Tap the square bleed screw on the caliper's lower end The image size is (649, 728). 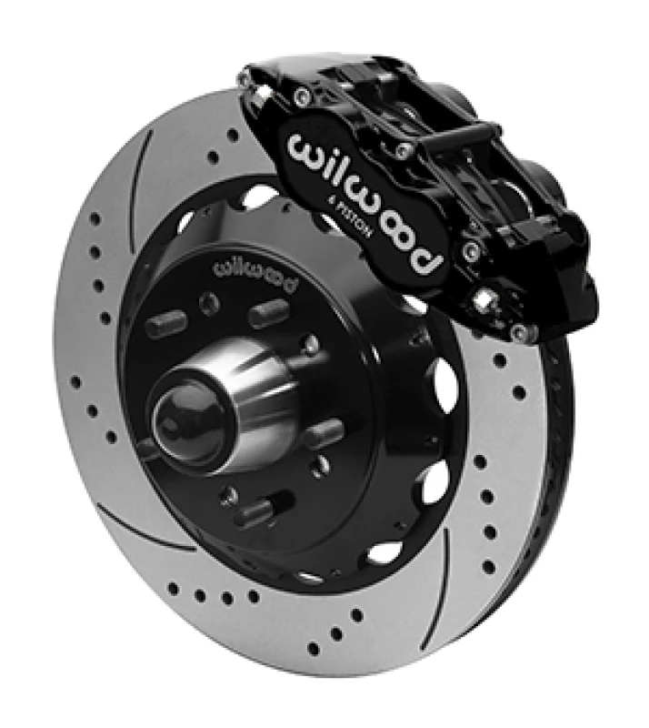[486, 297]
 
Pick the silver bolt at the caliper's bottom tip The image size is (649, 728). [520, 335]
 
